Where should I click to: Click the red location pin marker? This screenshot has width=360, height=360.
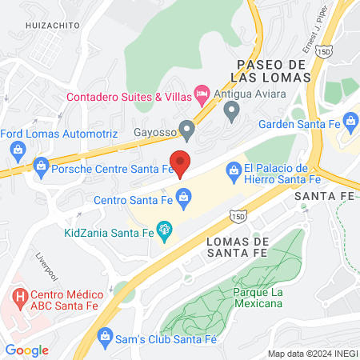(x=181, y=162)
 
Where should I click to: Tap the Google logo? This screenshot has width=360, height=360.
(x=26, y=350)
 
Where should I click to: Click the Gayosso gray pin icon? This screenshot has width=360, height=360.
(x=187, y=128)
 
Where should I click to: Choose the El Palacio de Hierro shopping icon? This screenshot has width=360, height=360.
(x=233, y=169)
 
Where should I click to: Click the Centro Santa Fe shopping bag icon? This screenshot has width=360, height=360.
(x=183, y=196)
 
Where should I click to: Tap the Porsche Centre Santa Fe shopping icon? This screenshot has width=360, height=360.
(x=41, y=167)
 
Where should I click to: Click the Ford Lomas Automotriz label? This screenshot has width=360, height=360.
(x=59, y=133)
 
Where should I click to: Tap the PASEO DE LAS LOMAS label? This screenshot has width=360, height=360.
(x=273, y=70)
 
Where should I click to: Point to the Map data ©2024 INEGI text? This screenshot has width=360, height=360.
(x=311, y=353)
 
